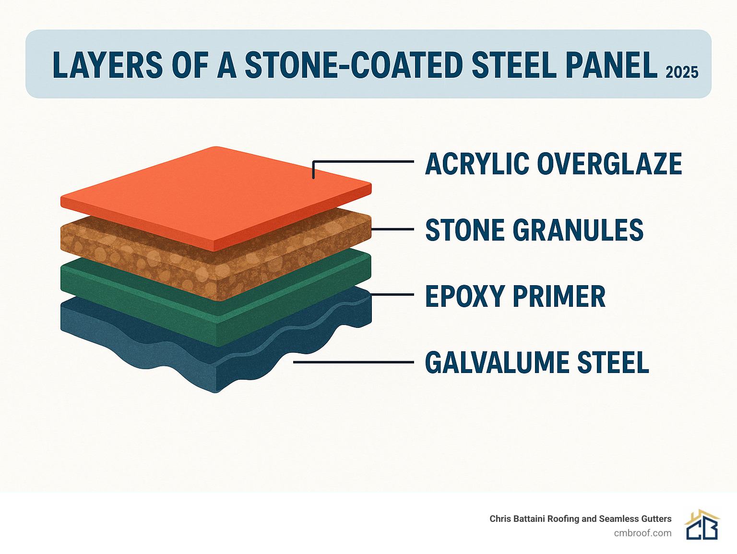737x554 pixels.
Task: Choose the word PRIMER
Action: point(559,296)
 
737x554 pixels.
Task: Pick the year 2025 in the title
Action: point(682,72)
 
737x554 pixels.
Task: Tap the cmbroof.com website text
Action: point(642,533)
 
